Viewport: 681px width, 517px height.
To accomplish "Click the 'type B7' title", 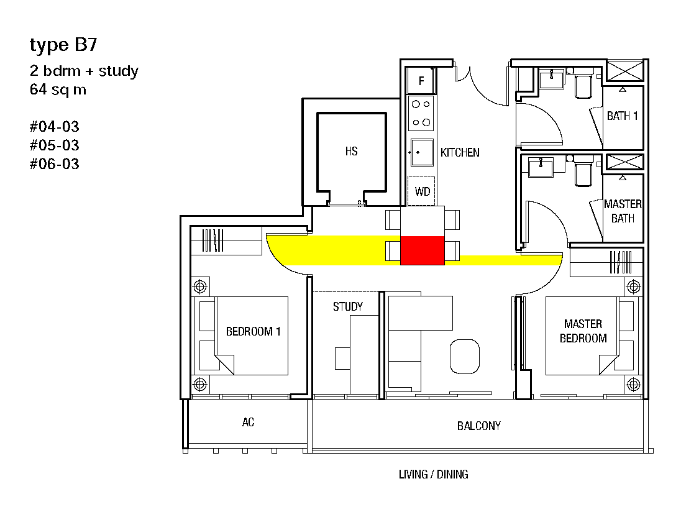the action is click(x=63, y=45).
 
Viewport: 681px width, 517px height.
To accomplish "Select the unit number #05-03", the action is click(x=54, y=145).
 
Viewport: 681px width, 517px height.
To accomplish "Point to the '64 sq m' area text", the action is click(x=58, y=89).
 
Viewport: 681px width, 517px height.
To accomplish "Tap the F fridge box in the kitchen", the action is click(x=421, y=81).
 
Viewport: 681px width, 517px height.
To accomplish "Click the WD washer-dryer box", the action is click(x=421, y=191).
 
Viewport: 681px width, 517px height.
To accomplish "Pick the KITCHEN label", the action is click(x=460, y=152).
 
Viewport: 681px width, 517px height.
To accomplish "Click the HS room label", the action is click(x=351, y=151).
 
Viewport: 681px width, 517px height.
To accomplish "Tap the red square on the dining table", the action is click(x=422, y=250).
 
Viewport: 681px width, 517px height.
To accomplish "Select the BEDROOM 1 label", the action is click(x=254, y=331).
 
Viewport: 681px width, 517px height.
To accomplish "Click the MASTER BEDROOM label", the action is click(x=583, y=331).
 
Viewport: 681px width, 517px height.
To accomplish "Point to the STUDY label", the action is click(x=348, y=307).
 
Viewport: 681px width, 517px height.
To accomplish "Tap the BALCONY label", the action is click(x=479, y=426).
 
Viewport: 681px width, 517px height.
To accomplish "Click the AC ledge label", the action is click(x=248, y=422).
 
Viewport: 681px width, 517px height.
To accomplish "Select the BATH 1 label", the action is click(x=623, y=116).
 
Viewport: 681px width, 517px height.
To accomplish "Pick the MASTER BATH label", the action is click(x=623, y=211).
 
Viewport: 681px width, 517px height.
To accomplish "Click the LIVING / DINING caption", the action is click(x=434, y=474).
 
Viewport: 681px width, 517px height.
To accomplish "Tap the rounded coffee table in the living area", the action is click(x=465, y=356).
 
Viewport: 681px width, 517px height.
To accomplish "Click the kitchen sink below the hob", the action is click(x=422, y=152).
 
